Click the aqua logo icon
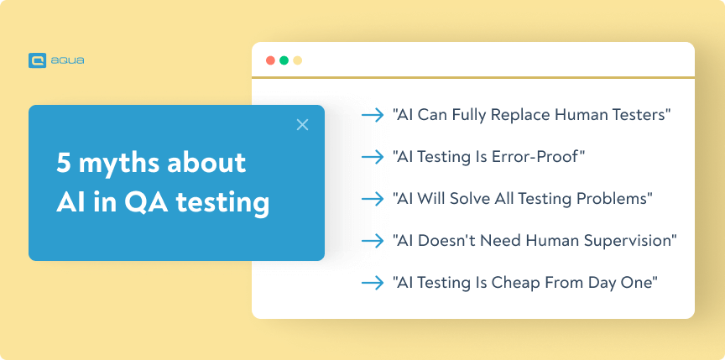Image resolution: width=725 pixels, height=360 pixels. (x=36, y=60)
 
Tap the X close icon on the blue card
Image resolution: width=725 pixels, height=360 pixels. (x=303, y=125)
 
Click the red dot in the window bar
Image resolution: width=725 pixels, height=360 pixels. (x=270, y=60)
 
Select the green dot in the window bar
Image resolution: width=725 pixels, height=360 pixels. (x=284, y=60)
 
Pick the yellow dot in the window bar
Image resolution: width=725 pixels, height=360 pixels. (x=297, y=60)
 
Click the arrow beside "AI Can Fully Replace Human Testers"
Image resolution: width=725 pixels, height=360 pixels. (x=373, y=115)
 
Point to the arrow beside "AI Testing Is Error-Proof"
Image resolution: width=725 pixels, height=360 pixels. (x=373, y=157)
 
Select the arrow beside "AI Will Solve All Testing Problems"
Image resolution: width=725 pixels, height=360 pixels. (x=373, y=199)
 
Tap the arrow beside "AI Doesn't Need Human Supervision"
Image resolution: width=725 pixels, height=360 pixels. (x=373, y=241)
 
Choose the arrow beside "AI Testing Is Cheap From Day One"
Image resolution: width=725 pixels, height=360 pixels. (x=373, y=283)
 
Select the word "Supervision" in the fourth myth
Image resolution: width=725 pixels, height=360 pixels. (x=631, y=241)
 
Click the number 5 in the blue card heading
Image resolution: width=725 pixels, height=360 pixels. (x=63, y=163)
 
